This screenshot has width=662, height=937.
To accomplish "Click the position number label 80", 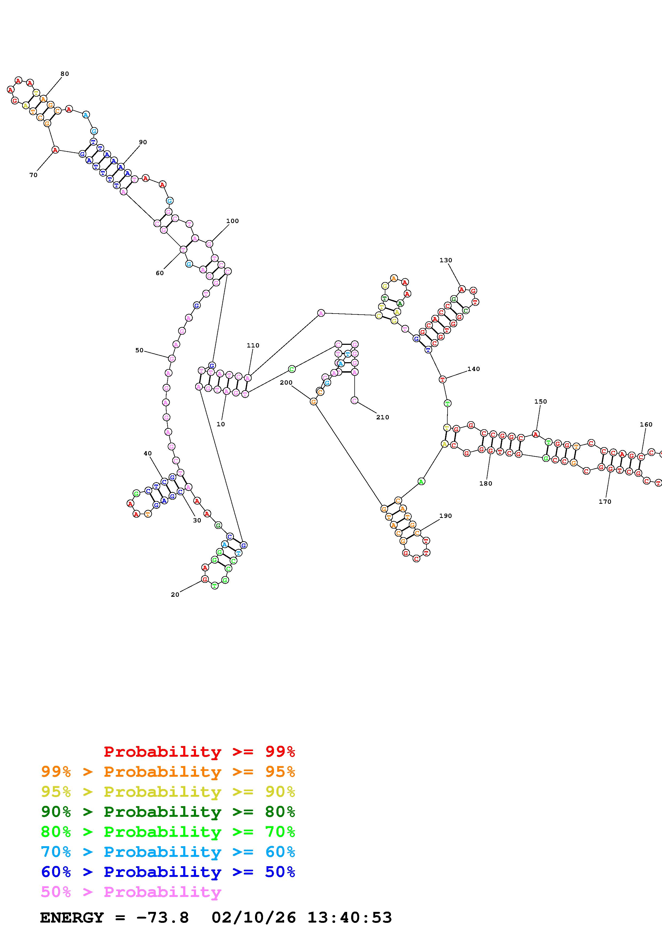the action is click(x=64, y=74).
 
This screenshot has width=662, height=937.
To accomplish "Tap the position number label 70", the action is click(x=33, y=175).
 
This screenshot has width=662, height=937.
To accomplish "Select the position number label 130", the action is click(x=446, y=260).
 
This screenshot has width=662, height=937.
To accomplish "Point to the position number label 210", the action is click(x=383, y=417).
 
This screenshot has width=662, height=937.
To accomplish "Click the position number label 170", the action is click(x=605, y=502).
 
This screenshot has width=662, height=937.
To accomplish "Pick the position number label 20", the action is click(x=175, y=595).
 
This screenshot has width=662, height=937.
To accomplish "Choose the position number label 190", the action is click(x=445, y=516).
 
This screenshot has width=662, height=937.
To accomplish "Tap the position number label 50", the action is click(x=139, y=350).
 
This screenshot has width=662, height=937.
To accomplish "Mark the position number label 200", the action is click(x=286, y=382).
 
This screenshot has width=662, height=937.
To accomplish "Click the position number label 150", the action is click(x=540, y=401).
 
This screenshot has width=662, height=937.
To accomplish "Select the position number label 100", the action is click(x=233, y=221).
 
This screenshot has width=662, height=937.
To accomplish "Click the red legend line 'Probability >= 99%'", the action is click(x=199, y=752).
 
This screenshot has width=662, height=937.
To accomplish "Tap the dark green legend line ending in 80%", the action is click(x=168, y=812).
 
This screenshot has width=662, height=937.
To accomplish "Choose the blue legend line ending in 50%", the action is click(x=168, y=872).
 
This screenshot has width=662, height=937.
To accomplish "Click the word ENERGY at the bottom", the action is click(x=72, y=918).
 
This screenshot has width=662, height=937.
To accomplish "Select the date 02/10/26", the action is click(x=254, y=918).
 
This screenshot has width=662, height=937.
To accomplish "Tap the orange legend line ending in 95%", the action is click(x=168, y=772).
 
